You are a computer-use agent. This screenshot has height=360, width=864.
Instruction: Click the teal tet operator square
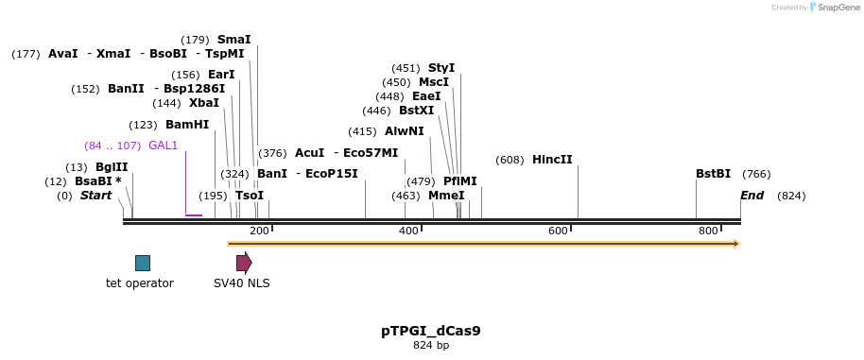point(142,263)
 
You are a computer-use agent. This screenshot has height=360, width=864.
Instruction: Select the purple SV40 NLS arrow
point(244,263)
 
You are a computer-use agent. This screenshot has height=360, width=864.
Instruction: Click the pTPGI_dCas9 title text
point(430,331)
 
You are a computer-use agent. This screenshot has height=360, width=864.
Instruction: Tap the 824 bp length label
point(430,346)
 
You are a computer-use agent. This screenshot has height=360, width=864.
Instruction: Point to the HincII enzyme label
point(552,160)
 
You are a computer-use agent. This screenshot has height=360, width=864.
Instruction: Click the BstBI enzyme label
point(713,174)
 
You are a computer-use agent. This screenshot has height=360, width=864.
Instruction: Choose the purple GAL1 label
point(163,146)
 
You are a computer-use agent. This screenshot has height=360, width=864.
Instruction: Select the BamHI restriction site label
point(187,125)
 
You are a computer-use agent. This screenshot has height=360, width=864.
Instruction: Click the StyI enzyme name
point(441,68)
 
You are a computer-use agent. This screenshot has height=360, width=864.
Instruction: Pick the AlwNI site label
point(405,131)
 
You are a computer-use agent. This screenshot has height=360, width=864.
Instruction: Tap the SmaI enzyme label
point(234,40)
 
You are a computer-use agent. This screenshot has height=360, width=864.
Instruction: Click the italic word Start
point(95,196)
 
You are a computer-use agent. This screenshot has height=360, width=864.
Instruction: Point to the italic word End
point(752,196)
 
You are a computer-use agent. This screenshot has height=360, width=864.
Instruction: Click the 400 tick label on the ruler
point(408,231)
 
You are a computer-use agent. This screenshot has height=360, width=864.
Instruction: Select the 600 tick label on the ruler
point(558,231)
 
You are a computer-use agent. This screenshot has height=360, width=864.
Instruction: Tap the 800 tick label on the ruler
point(707,231)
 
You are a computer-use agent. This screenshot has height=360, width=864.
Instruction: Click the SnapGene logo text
point(838,8)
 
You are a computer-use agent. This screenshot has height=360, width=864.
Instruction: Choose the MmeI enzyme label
point(446,196)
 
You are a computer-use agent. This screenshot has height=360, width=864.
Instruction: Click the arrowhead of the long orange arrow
point(734,244)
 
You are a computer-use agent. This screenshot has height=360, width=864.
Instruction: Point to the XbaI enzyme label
point(203,103)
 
